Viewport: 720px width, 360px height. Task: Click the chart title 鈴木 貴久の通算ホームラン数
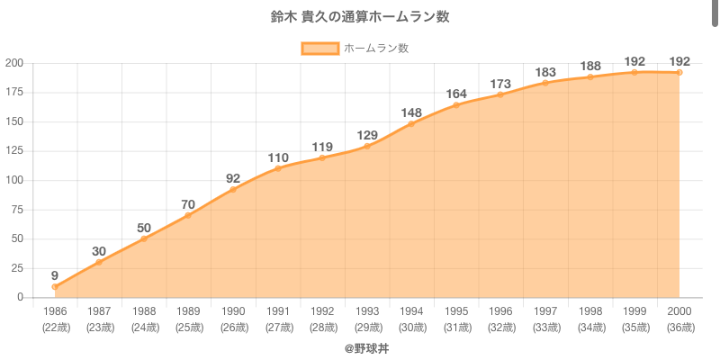[359, 17]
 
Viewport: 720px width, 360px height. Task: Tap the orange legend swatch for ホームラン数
[319, 48]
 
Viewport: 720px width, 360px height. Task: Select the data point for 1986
[55, 287]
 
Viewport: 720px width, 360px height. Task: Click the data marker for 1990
[233, 190]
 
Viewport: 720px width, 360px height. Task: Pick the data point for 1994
[411, 124]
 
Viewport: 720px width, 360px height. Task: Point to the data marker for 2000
[679, 72]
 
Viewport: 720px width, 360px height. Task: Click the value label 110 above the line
[278, 158]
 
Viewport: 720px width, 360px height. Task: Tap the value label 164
[456, 94]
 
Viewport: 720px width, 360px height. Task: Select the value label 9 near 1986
[55, 275]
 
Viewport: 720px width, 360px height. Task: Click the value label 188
[589, 66]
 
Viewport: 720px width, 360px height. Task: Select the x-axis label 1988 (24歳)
[144, 319]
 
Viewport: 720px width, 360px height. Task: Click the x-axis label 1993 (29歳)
[367, 319]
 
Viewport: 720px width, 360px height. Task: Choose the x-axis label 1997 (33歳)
[545, 319]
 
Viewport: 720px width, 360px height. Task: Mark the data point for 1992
[322, 158]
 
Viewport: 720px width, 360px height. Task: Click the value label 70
[188, 205]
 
